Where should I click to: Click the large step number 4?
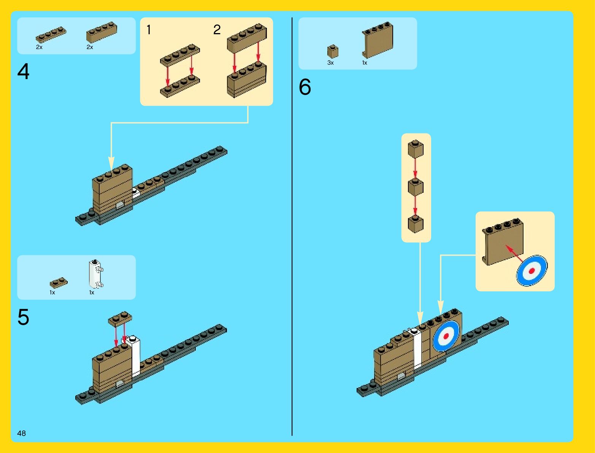click(23, 72)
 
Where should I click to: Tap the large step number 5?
click(23, 317)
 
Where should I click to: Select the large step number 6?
click(305, 87)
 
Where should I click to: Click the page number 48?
click(21, 433)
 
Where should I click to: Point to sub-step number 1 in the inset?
click(149, 30)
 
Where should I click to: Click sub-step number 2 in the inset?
click(217, 30)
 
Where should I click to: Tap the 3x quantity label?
click(330, 63)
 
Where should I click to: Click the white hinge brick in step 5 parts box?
click(95, 274)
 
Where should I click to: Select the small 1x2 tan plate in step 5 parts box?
click(59, 283)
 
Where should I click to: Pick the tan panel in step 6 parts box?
click(378, 40)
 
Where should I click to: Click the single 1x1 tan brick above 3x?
click(333, 51)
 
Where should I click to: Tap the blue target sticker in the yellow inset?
click(532, 270)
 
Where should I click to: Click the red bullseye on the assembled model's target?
click(446, 336)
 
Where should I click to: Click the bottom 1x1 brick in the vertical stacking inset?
click(416, 224)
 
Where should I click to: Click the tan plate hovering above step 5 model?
click(120, 319)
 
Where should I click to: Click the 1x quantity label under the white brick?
click(92, 292)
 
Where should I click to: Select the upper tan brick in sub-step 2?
click(247, 38)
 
